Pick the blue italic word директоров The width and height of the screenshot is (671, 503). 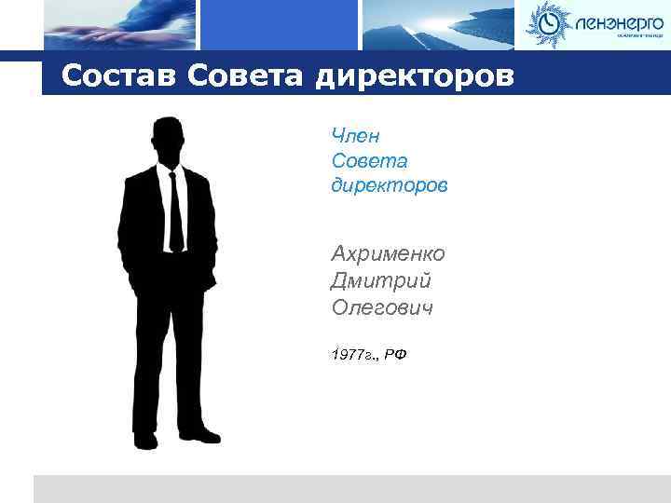(389, 186)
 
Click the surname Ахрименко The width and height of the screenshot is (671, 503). (388, 253)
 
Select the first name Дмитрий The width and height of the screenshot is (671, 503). (380, 280)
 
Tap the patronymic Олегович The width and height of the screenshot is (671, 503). (382, 306)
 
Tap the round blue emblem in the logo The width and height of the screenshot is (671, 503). (546, 24)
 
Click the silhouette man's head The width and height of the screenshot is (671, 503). (168, 140)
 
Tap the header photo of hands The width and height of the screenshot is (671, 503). (120, 25)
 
